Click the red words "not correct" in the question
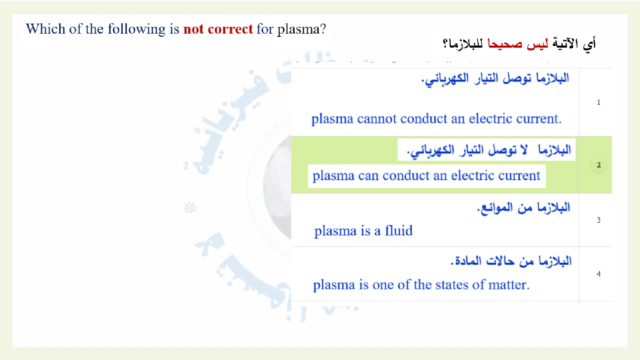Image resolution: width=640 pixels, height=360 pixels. pos(218,29)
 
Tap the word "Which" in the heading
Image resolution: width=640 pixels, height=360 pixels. pos(46,28)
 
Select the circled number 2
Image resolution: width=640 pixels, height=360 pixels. pos(598,165)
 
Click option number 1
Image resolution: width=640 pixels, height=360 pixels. pos(598,102)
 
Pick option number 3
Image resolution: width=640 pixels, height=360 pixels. pos(598,220)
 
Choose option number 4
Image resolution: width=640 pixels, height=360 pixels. pos(598,274)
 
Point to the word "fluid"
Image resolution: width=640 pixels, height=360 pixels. pos(398,230)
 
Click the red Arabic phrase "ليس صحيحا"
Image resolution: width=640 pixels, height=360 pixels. pos(518,44)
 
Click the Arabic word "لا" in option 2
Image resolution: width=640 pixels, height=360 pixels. pos(524,150)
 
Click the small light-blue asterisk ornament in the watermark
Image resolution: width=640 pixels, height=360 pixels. pos(190,208)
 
